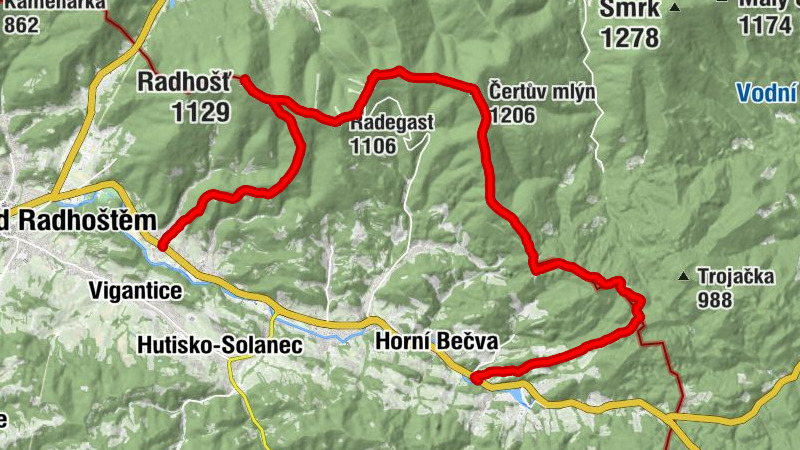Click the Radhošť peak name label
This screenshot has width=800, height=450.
point(183,80)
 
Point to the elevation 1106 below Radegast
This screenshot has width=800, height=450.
point(373,146)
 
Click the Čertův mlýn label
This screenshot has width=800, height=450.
point(542,92)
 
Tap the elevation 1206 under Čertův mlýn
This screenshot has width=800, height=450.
point(512,116)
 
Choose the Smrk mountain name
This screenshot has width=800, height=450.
point(630,10)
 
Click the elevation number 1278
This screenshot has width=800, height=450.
point(630,38)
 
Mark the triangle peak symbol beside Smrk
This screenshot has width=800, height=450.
point(675,9)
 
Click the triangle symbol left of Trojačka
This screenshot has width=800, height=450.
point(684,276)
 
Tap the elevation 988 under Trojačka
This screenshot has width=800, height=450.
point(715,299)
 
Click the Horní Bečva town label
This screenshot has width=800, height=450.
point(436,342)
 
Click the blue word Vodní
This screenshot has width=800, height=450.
point(768,94)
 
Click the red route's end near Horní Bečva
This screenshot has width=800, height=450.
point(476,378)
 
